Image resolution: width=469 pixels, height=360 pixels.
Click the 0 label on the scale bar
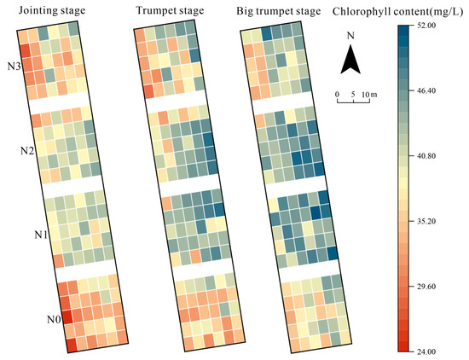click(338, 92)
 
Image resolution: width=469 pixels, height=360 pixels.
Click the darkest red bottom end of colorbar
click(407, 348)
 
